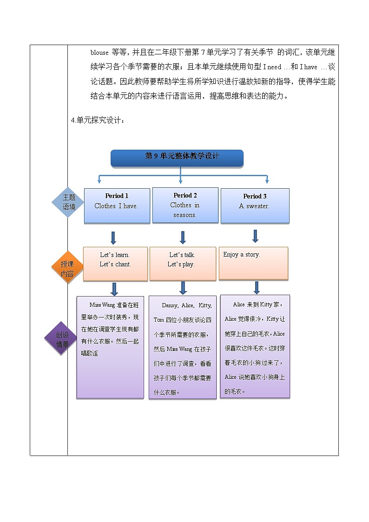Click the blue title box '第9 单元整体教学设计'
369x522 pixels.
coord(177,157)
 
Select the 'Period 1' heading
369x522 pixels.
coord(117,196)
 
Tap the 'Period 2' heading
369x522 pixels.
coord(185,196)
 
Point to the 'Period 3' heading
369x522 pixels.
coord(255,197)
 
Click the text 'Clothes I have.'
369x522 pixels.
coord(116,206)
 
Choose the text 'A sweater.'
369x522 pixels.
coord(254,206)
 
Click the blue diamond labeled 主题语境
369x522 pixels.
coord(69,203)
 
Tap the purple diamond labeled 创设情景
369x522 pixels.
coord(62,340)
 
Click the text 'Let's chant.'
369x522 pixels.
coord(115,264)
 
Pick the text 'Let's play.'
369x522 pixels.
coord(181,264)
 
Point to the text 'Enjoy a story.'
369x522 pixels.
coord(241,255)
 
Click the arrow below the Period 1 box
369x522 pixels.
coord(113,238)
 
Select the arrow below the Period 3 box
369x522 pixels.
coord(255,236)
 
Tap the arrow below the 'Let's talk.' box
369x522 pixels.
coord(183,288)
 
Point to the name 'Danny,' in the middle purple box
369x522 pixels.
coord(170,305)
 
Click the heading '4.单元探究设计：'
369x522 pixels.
coord(98,120)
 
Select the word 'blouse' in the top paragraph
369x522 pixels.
coord(99,53)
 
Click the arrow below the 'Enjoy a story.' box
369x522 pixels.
coord(256,287)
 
